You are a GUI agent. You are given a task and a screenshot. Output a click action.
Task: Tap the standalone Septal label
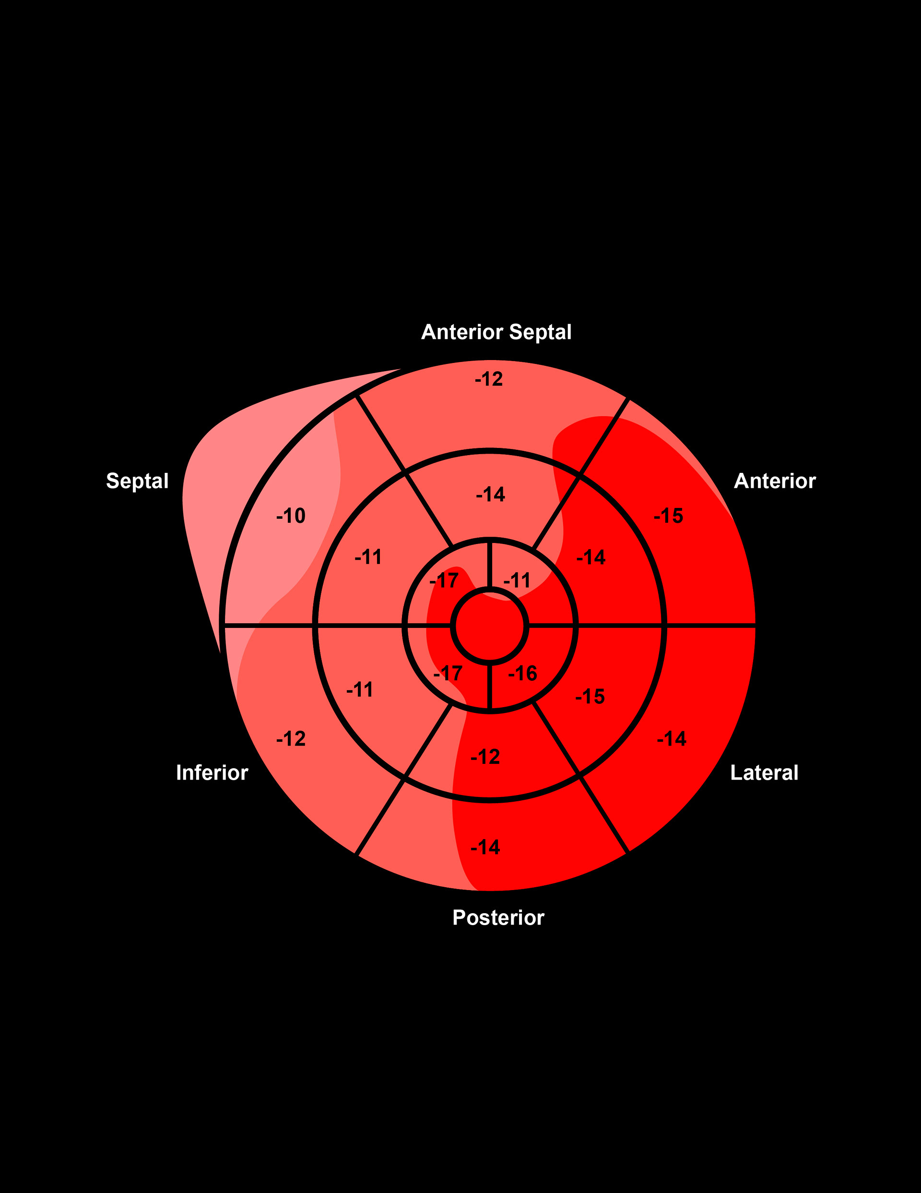tap(137, 481)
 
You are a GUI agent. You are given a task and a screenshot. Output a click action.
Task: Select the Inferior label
tap(212, 772)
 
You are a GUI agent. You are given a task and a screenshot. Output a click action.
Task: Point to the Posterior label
tap(498, 917)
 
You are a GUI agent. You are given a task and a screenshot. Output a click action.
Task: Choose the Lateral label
tap(764, 772)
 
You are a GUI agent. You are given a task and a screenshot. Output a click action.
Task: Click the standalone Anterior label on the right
tap(774, 481)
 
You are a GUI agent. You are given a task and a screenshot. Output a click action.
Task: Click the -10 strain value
tap(290, 516)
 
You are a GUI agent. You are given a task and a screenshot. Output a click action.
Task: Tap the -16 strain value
tap(522, 673)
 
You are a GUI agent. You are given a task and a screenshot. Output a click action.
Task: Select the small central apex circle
tap(490, 626)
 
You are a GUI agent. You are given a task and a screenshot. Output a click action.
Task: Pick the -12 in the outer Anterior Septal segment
tap(489, 379)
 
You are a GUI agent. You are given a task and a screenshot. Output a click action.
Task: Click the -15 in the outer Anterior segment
tap(668, 516)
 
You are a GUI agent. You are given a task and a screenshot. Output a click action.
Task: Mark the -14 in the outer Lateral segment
tap(672, 738)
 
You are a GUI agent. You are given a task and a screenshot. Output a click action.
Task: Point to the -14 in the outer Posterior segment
tap(485, 847)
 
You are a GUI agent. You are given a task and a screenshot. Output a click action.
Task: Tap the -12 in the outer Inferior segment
tap(290, 738)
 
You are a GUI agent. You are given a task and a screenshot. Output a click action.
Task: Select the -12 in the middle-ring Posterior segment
tap(485, 757)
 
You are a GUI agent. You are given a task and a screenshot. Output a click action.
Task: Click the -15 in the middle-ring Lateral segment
tap(590, 697)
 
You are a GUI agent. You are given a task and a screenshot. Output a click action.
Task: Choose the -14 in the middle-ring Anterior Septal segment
tap(490, 494)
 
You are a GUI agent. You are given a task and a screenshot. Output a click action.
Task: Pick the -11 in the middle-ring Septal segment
tap(368, 557)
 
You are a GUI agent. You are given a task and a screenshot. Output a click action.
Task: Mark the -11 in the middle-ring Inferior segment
tap(360, 689)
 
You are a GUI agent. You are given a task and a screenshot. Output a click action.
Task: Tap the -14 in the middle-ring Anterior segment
tap(590, 557)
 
